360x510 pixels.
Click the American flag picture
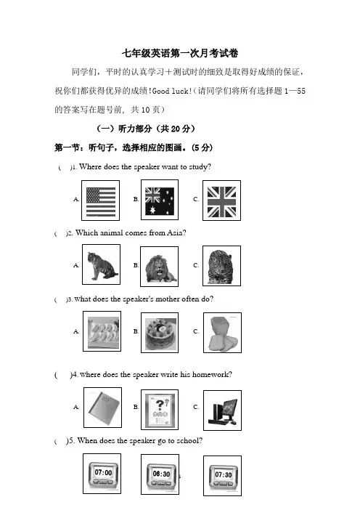pyautogui.click(x=100, y=201)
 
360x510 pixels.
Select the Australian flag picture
pyautogui.click(x=160, y=200)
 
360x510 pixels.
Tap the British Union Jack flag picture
pyautogui.click(x=221, y=201)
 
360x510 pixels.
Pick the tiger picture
pyautogui.click(x=101, y=264)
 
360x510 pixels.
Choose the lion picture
pyautogui.click(x=159, y=267)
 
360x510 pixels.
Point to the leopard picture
pyautogui.click(x=221, y=266)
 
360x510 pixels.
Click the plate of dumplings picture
pyautogui.click(x=102, y=331)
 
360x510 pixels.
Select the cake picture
pyautogui.click(x=160, y=333)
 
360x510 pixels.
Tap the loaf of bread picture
pyautogui.click(x=222, y=333)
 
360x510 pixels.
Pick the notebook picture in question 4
pyautogui.click(x=102, y=408)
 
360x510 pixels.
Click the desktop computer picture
pyautogui.click(x=222, y=410)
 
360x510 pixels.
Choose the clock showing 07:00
pyautogui.click(x=102, y=474)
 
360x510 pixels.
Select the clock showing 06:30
pyautogui.click(x=160, y=474)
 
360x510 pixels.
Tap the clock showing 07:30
pyautogui.click(x=222, y=476)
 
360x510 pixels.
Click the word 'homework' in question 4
pyautogui.click(x=210, y=374)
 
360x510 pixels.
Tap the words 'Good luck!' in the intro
pyautogui.click(x=172, y=91)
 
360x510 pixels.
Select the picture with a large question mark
pyautogui.click(x=160, y=410)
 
